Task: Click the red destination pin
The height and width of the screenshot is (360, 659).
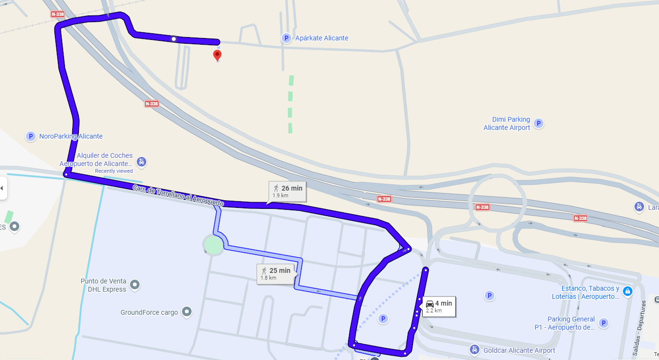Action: pos(217,55)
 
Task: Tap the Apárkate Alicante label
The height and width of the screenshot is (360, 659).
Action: pos(322,38)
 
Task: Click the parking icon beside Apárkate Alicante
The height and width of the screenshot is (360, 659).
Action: pos(286,38)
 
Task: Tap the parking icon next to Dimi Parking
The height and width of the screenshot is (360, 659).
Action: pos(539,124)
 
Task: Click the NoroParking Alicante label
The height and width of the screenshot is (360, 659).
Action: pos(71,136)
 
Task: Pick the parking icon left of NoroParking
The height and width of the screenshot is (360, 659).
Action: pos(31,136)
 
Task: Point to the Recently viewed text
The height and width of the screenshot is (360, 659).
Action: pos(114,171)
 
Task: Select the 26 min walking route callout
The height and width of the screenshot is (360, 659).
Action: pos(287,191)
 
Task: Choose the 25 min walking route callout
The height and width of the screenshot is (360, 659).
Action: pos(275,273)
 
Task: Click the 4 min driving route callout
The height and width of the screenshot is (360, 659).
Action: pos(438,306)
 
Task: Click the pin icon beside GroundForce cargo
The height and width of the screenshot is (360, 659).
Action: pos(187,312)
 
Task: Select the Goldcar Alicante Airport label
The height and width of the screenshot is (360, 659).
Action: pos(519,350)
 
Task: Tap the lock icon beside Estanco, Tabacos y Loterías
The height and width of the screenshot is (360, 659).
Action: pos(627,292)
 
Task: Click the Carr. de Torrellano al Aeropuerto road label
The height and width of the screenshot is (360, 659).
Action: pos(179,196)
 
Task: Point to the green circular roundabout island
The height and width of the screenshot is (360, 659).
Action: pos(213,245)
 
